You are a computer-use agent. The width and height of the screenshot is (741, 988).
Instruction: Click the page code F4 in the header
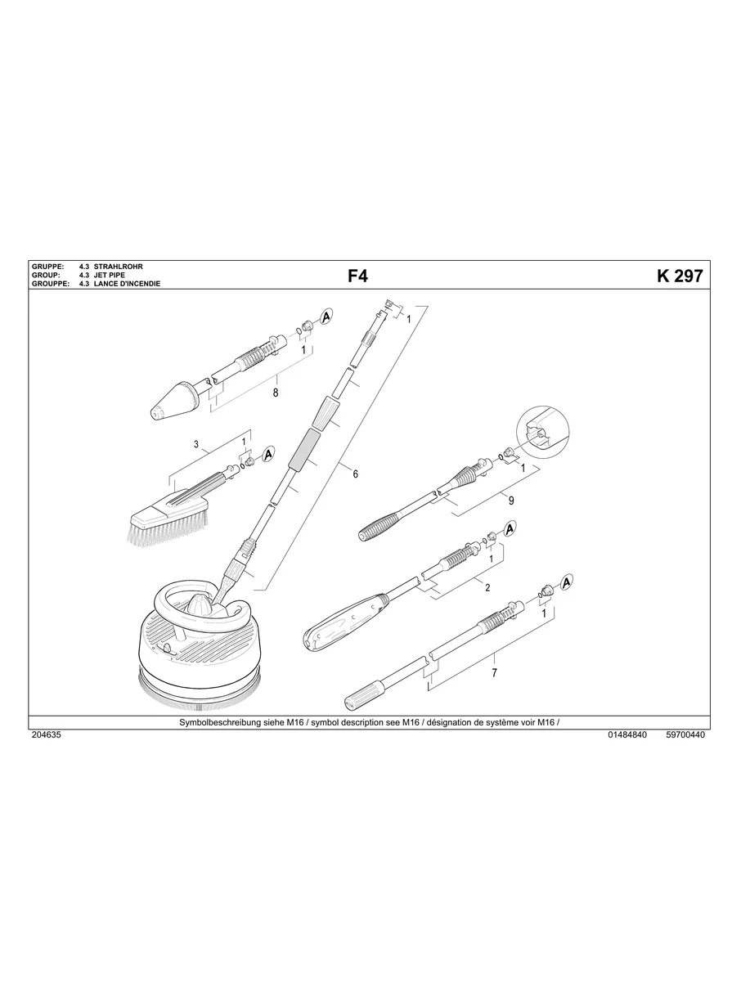coord(358,276)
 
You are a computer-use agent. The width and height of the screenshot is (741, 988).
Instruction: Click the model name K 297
coord(679,276)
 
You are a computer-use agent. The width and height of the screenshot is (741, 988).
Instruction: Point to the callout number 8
coord(276,393)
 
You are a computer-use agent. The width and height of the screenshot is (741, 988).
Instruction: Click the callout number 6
coord(356,474)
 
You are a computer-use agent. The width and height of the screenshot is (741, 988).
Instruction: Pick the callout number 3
coord(196,445)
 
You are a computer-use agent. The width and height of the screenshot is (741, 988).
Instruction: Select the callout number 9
coord(511,500)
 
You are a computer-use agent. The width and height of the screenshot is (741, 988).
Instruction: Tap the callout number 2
coord(487,587)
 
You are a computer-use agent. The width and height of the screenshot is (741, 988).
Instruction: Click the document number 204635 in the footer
coord(45,734)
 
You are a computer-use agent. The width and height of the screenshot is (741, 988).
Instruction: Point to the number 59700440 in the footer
coord(685,734)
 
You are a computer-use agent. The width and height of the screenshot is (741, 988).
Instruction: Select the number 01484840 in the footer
coord(628,734)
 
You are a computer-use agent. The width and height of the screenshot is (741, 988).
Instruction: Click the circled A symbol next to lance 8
coord(326,316)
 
